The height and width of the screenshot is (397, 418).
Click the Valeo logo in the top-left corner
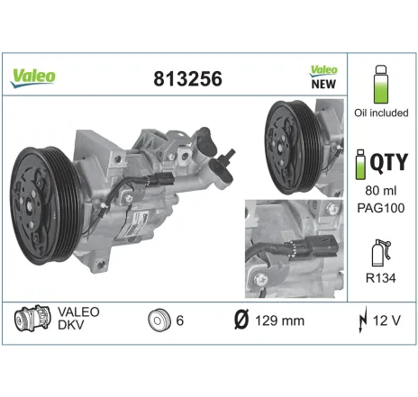(x=33, y=76)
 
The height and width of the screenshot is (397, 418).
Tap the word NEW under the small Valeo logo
(x=323, y=84)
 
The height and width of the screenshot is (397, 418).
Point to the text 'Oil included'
(x=381, y=113)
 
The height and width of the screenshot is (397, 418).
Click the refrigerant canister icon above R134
(x=381, y=252)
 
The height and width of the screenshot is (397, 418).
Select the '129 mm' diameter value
(x=279, y=320)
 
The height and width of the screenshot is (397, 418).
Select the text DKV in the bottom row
(x=72, y=329)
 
